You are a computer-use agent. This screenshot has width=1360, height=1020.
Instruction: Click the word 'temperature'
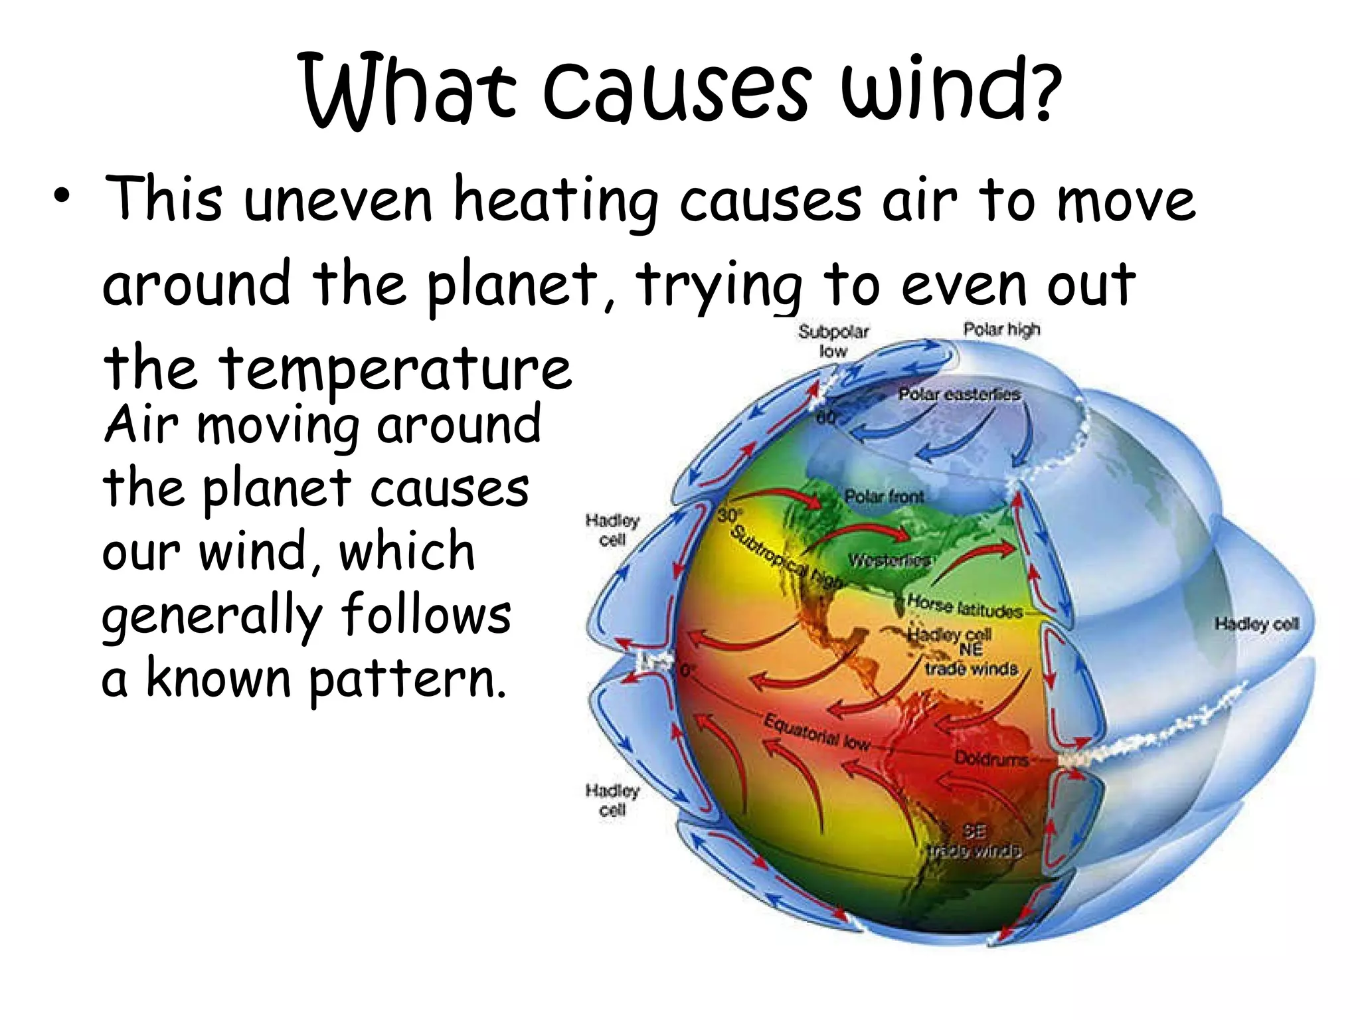coord(395,369)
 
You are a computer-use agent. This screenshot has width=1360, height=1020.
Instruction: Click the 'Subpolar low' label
coord(833,340)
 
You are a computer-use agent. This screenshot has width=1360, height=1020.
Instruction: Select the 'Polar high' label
coord(1001,329)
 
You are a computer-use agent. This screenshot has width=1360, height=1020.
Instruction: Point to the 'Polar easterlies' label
coord(959,394)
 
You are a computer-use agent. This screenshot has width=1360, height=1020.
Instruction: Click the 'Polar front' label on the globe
coord(884,496)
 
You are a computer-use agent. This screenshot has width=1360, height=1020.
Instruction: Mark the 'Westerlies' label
coord(889,560)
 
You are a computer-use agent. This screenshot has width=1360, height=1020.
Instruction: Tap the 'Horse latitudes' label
coord(964,606)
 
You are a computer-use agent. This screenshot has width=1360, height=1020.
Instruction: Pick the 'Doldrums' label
coord(991,758)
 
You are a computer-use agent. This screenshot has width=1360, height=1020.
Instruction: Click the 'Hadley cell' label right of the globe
coord(1256,624)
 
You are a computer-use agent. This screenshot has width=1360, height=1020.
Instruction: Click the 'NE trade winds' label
coord(971,659)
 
